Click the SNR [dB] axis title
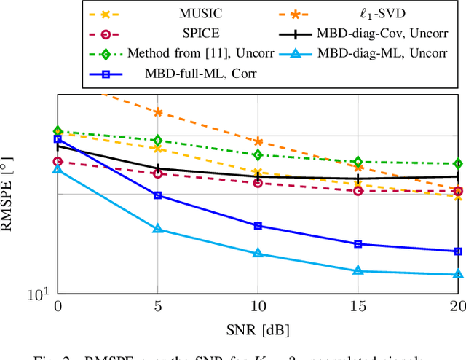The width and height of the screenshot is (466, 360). (258, 329)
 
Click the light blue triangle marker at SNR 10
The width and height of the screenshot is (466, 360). (257, 254)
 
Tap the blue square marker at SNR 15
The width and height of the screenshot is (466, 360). (358, 244)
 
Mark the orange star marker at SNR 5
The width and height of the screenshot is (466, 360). (157, 112)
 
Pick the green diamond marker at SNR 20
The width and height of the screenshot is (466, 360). (457, 164)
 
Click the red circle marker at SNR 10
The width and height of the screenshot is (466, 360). (257, 183)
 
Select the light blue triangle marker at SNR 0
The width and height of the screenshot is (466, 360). (58, 169)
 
